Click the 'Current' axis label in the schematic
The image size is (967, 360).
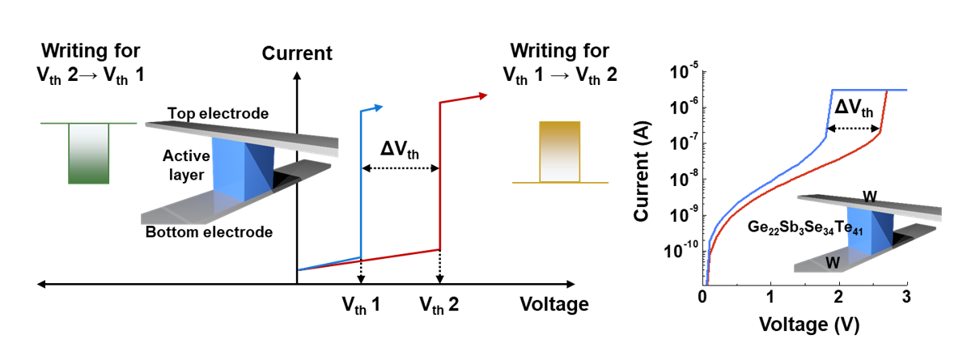(x=297, y=54)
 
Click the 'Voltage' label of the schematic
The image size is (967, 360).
(x=554, y=305)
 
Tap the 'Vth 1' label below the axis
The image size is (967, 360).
(x=361, y=305)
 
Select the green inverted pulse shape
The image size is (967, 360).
(x=88, y=153)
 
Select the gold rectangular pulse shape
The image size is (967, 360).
(x=560, y=151)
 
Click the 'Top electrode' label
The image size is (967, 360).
(x=218, y=113)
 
